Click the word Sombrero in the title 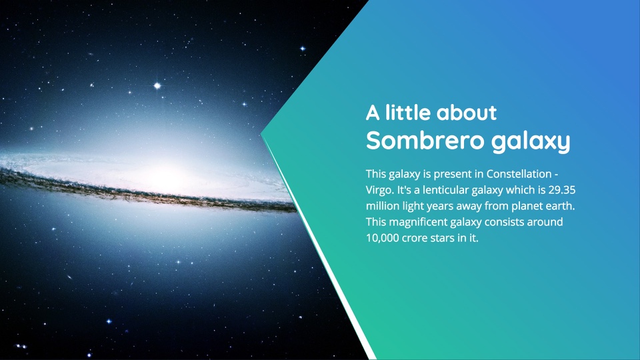pyautogui.click(x=425, y=141)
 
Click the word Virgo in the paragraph pyautogui.click(x=379, y=191)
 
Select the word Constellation pyautogui.click(x=519, y=174)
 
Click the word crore pyautogui.click(x=414, y=238)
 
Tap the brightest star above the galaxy pyautogui.click(x=157, y=86)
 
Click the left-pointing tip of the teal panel pyautogui.click(x=261, y=134)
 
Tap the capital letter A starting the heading pyautogui.click(x=373, y=113)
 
